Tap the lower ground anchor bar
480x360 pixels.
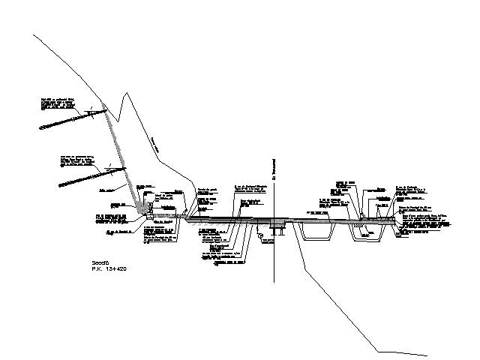click(x=82, y=178)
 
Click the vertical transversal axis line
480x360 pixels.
click(x=276, y=247)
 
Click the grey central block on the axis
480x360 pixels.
click(x=277, y=223)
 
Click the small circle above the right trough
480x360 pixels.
click(x=362, y=217)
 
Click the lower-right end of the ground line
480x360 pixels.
click(x=428, y=353)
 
